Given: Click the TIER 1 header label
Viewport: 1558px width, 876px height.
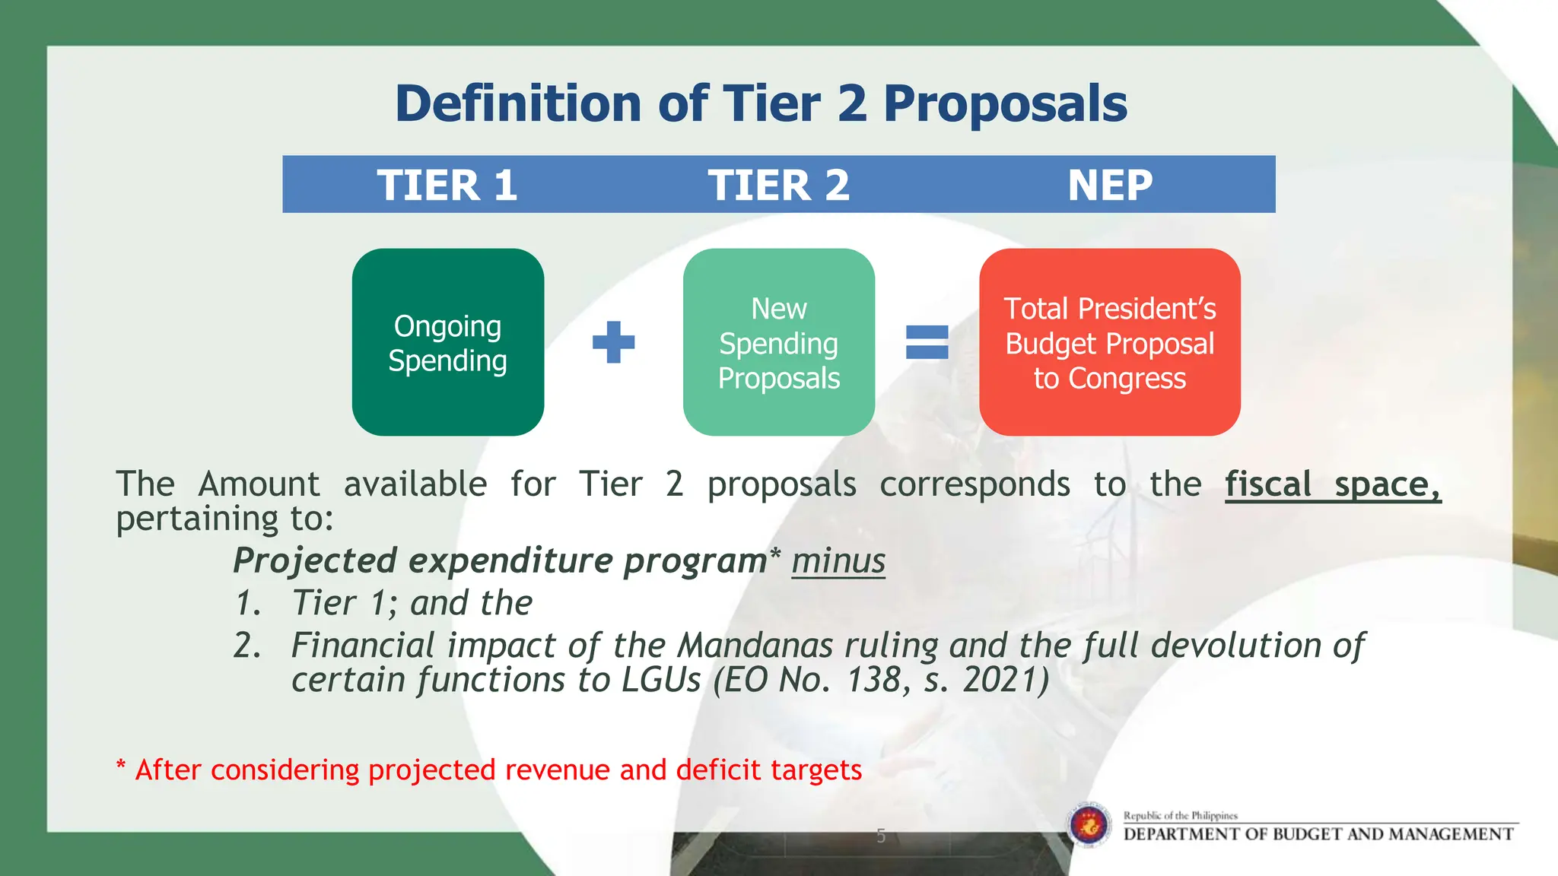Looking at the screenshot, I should pyautogui.click(x=447, y=185).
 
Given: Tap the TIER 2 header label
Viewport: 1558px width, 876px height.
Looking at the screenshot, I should pyautogui.click(x=778, y=185).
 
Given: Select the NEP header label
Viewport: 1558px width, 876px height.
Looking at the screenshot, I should pyautogui.click(x=1110, y=185).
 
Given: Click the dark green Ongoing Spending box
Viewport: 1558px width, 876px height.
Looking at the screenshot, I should pyautogui.click(x=448, y=342).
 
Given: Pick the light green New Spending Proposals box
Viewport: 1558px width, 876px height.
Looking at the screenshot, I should pyautogui.click(x=779, y=342).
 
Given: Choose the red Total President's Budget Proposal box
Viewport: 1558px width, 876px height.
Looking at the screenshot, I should pyautogui.click(x=1110, y=342).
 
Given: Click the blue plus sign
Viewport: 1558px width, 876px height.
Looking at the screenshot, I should pyautogui.click(x=613, y=342).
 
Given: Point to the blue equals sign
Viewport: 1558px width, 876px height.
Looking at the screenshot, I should pyautogui.click(x=927, y=342).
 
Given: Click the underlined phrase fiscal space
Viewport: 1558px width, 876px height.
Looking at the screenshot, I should pyautogui.click(x=1332, y=484).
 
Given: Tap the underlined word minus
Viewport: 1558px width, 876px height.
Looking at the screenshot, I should pyautogui.click(x=838, y=561).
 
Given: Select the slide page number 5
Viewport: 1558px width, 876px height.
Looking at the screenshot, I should pyautogui.click(x=881, y=836).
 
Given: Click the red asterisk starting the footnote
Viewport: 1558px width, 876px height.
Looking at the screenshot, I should pyautogui.click(x=121, y=766).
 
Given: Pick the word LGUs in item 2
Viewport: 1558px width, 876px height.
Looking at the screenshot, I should pyautogui.click(x=661, y=680).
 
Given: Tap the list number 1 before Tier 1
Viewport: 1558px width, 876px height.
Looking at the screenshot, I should pyautogui.click(x=246, y=604).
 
